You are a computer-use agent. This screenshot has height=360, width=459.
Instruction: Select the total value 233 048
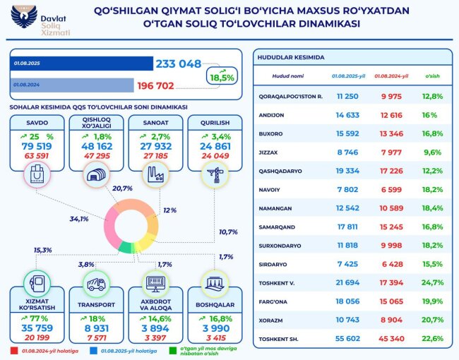click(179, 64)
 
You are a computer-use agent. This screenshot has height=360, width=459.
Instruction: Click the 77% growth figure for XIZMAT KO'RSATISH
click(39, 318)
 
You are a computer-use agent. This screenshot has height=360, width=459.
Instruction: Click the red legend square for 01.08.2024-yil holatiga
click(13, 349)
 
